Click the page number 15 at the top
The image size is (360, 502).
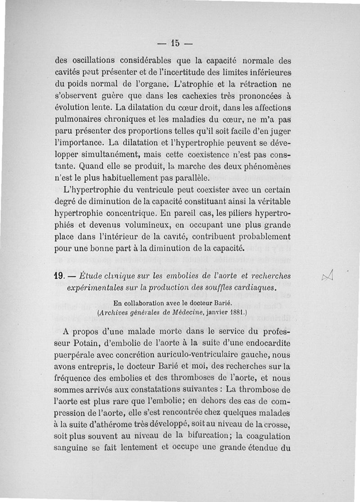coord(175,44)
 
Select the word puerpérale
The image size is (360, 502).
coord(74,355)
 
